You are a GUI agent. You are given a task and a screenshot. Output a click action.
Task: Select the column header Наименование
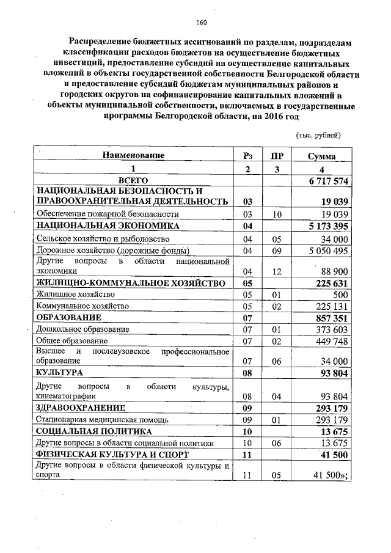[x=133, y=156]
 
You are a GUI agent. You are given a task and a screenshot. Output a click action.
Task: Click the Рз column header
[x=247, y=156]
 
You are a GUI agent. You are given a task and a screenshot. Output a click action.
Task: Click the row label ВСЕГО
[x=133, y=181]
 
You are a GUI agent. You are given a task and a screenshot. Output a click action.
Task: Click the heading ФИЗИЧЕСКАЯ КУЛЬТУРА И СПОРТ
[x=111, y=455]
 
